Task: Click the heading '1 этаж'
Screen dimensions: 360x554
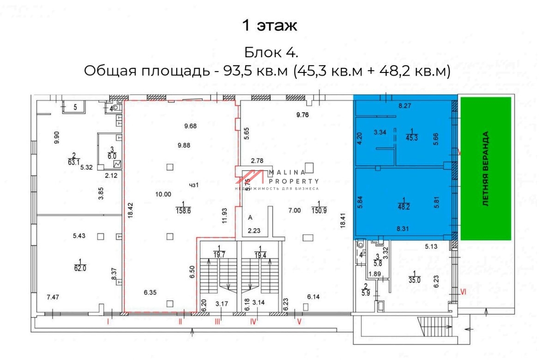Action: [x=270, y=26]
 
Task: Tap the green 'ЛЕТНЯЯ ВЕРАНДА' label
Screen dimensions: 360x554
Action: [x=486, y=168]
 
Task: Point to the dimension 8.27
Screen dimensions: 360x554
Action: [x=405, y=106]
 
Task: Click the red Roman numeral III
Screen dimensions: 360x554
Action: [x=217, y=322]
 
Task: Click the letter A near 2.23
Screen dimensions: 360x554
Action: [x=250, y=217]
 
